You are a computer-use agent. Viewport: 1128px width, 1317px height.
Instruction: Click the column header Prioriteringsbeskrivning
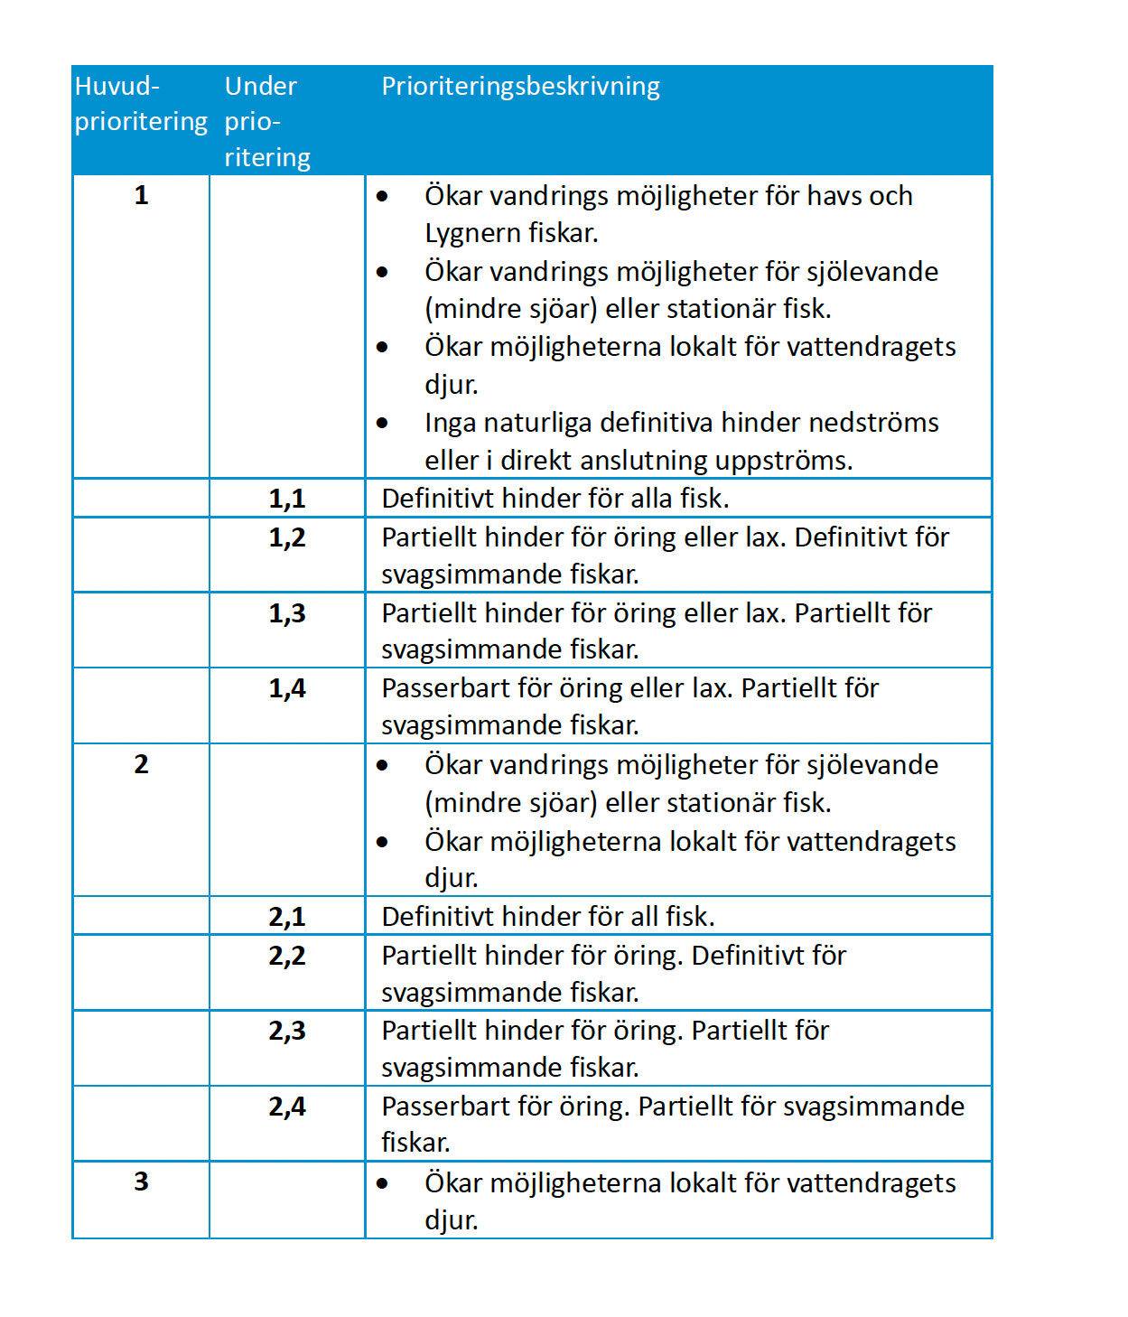tap(520, 87)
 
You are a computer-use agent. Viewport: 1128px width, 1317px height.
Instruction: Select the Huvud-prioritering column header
tap(140, 104)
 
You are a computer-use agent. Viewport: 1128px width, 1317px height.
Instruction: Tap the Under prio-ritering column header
tap(266, 122)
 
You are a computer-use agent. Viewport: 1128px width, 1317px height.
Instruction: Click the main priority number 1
tap(141, 195)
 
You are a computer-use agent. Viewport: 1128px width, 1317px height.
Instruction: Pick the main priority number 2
tap(141, 764)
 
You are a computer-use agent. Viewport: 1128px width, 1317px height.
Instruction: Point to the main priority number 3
tap(141, 1182)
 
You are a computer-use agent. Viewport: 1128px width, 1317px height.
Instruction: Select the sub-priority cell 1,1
tap(287, 499)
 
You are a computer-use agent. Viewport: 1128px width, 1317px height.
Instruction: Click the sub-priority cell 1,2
tap(287, 537)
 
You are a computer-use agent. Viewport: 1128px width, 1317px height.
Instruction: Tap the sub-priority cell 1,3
tap(287, 613)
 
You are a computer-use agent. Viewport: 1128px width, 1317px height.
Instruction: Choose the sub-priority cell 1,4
tap(287, 688)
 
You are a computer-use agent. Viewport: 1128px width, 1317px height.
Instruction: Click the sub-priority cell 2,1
tap(287, 917)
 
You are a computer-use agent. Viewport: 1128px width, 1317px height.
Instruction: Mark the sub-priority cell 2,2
tap(287, 956)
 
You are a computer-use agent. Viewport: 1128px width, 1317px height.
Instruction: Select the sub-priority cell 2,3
tap(287, 1031)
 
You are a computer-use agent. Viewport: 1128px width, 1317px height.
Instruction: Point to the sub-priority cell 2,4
tap(287, 1107)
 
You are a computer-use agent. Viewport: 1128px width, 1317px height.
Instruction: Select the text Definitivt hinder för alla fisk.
tap(555, 499)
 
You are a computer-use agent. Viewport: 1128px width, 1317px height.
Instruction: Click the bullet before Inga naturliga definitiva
tap(383, 423)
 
